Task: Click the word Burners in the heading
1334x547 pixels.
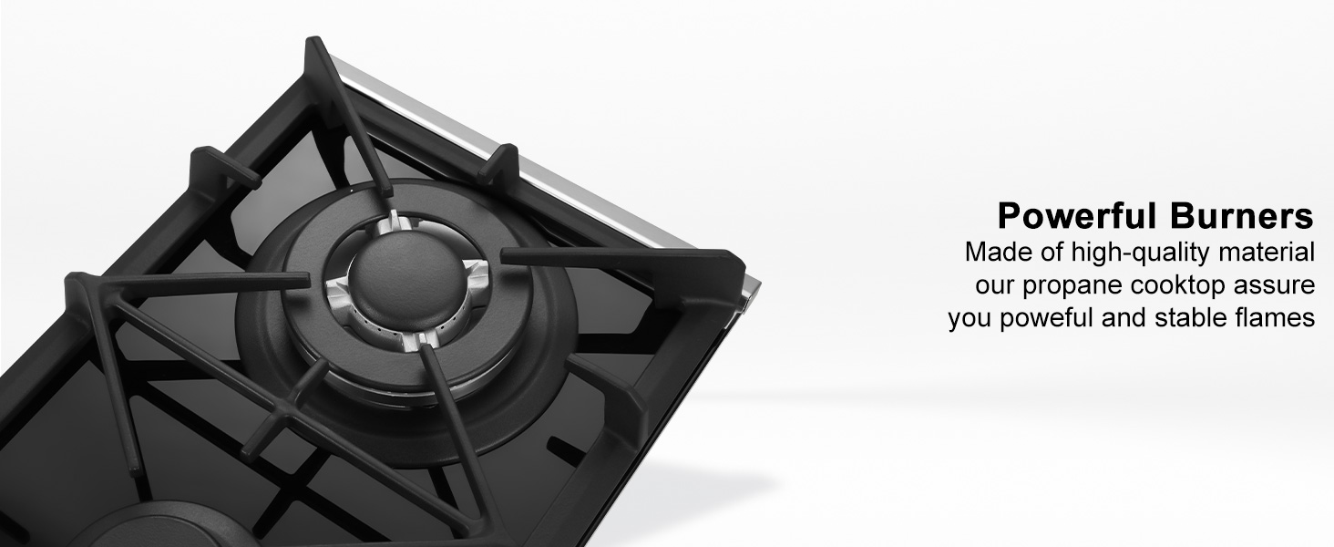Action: [x=1241, y=216]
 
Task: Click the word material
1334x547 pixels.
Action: [x=1267, y=252]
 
